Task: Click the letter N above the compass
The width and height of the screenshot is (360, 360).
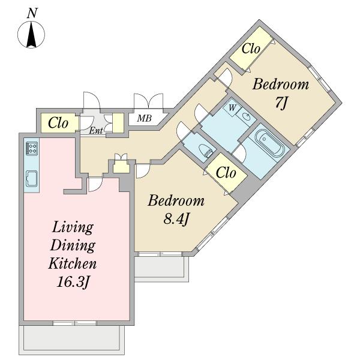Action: [x=32, y=13]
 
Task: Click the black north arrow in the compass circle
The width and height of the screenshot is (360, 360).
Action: [x=31, y=34]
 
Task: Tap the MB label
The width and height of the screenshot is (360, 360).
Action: [x=145, y=118]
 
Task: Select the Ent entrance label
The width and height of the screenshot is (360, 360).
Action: [x=96, y=131]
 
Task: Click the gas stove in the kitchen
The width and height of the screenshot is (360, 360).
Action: [x=32, y=148]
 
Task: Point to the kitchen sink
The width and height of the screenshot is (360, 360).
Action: [x=32, y=179]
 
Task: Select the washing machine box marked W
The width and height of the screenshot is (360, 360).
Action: [x=232, y=108]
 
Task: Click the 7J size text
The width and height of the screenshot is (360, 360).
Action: [x=281, y=103]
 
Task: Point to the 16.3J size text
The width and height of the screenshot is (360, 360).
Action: [x=73, y=282]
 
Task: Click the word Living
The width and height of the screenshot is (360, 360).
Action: [x=73, y=228]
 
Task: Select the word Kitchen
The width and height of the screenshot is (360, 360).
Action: [x=73, y=263]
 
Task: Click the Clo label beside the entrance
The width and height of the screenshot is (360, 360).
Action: [x=58, y=123]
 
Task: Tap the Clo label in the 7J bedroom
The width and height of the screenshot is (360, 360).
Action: [x=251, y=49]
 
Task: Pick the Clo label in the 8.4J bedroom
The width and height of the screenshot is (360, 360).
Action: [x=226, y=173]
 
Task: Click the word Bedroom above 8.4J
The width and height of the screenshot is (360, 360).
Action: [x=176, y=200]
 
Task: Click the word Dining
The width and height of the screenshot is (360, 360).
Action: [x=73, y=246]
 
